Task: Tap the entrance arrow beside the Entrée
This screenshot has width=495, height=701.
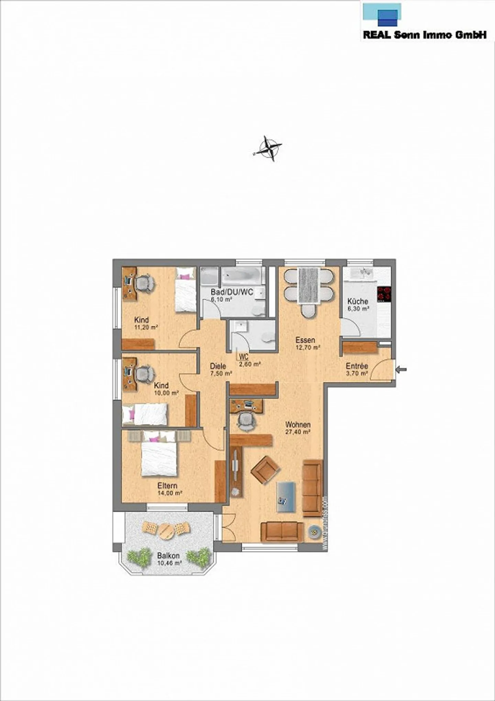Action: (401, 370)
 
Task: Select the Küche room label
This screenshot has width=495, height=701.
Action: (357, 301)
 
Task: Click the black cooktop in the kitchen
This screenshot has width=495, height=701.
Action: (384, 294)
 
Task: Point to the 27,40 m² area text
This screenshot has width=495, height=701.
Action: (298, 432)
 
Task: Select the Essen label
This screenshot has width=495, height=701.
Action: (305, 340)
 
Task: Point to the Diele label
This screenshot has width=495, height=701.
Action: (218, 366)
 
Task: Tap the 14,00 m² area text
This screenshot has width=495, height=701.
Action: (169, 493)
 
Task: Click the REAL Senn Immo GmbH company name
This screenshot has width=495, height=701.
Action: (425, 35)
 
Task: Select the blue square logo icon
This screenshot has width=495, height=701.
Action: (387, 17)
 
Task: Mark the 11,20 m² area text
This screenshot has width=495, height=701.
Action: (146, 327)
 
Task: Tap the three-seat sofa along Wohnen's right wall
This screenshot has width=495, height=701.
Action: (312, 488)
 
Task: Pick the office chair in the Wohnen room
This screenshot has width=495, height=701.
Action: (246, 420)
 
